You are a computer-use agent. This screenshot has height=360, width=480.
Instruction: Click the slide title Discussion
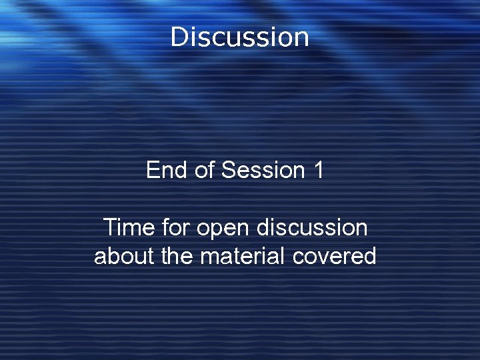(x=239, y=37)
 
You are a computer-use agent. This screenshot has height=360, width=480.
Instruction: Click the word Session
(x=263, y=170)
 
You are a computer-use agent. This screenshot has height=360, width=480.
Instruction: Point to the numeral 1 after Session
(x=317, y=170)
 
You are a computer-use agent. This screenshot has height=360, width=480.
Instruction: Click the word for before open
(x=176, y=227)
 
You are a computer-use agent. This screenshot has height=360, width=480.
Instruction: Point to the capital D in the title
(x=179, y=37)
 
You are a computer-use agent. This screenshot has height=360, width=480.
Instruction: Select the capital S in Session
(x=229, y=170)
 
